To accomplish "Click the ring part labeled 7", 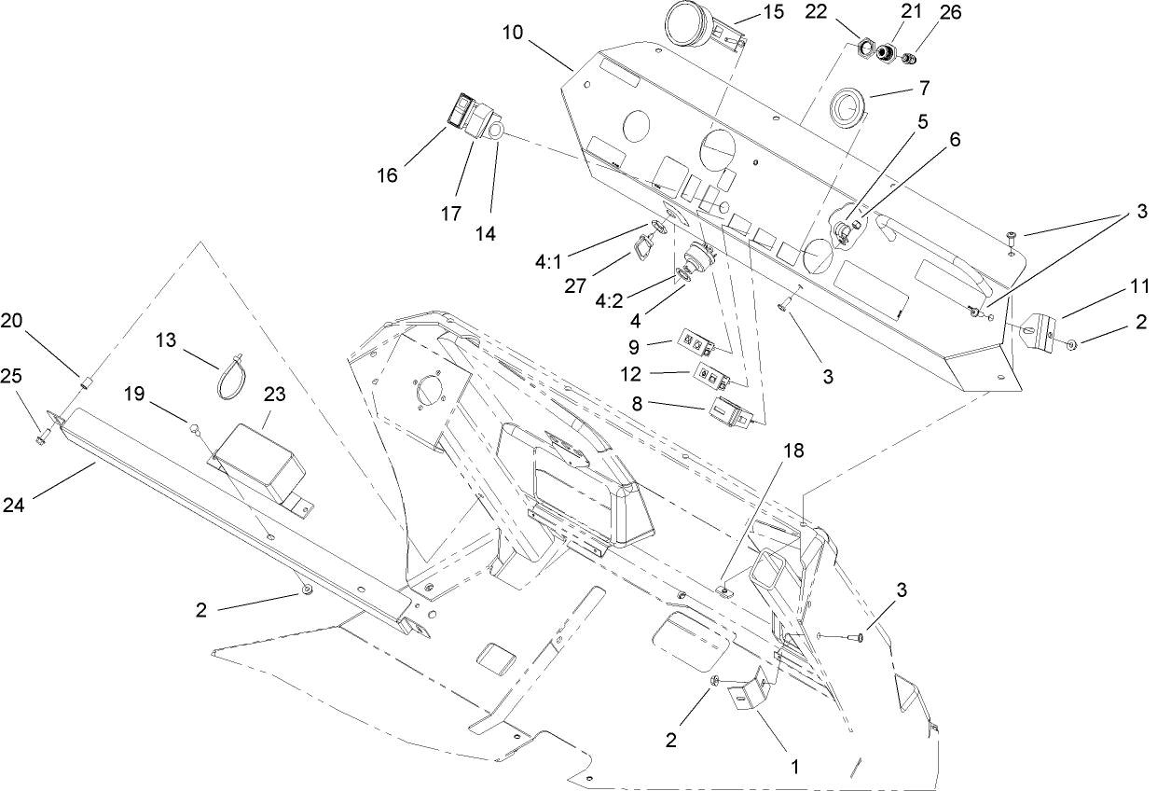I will pos(847,105).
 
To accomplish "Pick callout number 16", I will pos(388,173).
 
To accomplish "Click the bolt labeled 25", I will pos(42,434).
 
